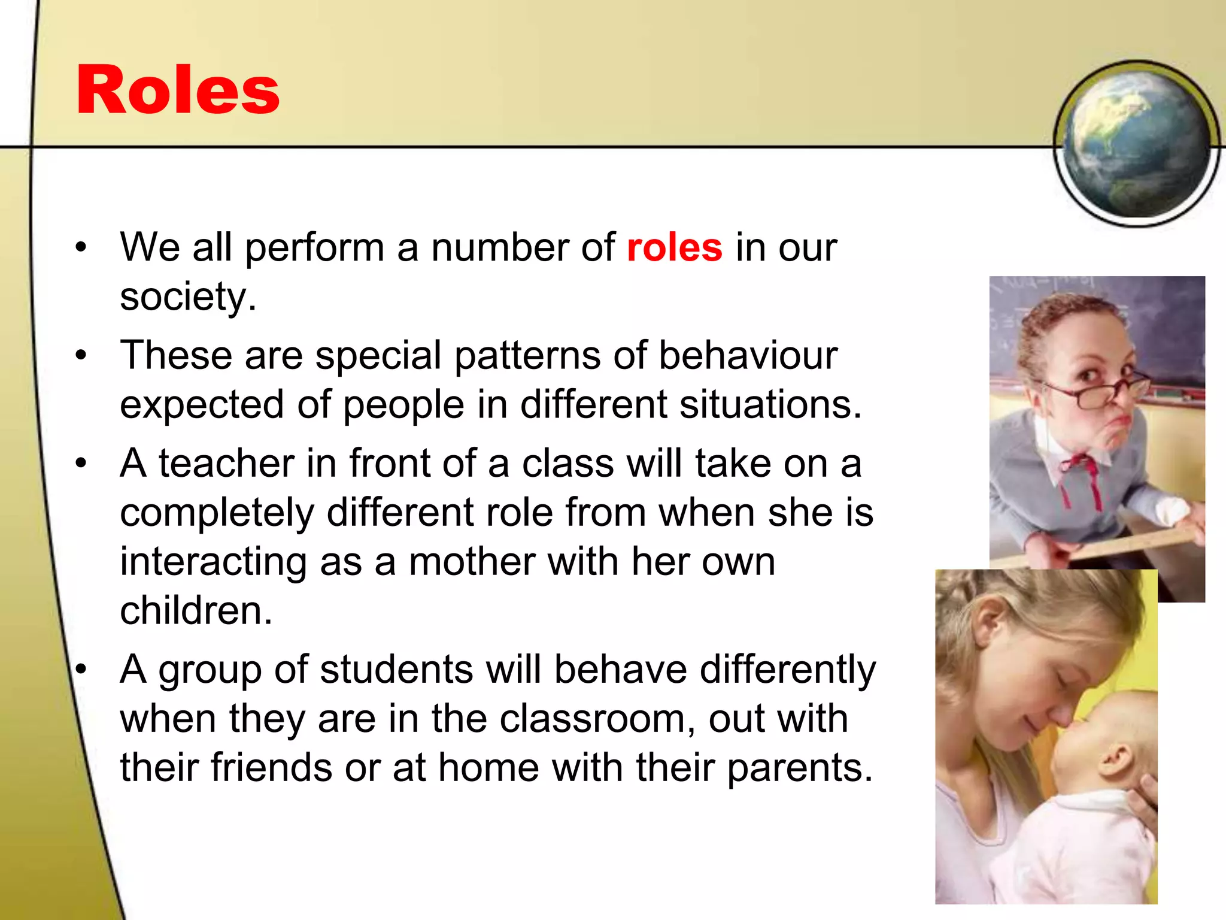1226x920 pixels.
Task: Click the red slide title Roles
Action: pos(178,90)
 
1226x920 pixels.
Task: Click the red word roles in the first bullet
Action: pos(675,247)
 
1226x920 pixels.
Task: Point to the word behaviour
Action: pos(748,355)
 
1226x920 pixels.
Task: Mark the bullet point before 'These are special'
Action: pos(81,355)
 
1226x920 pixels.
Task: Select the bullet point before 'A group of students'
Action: pos(81,669)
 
